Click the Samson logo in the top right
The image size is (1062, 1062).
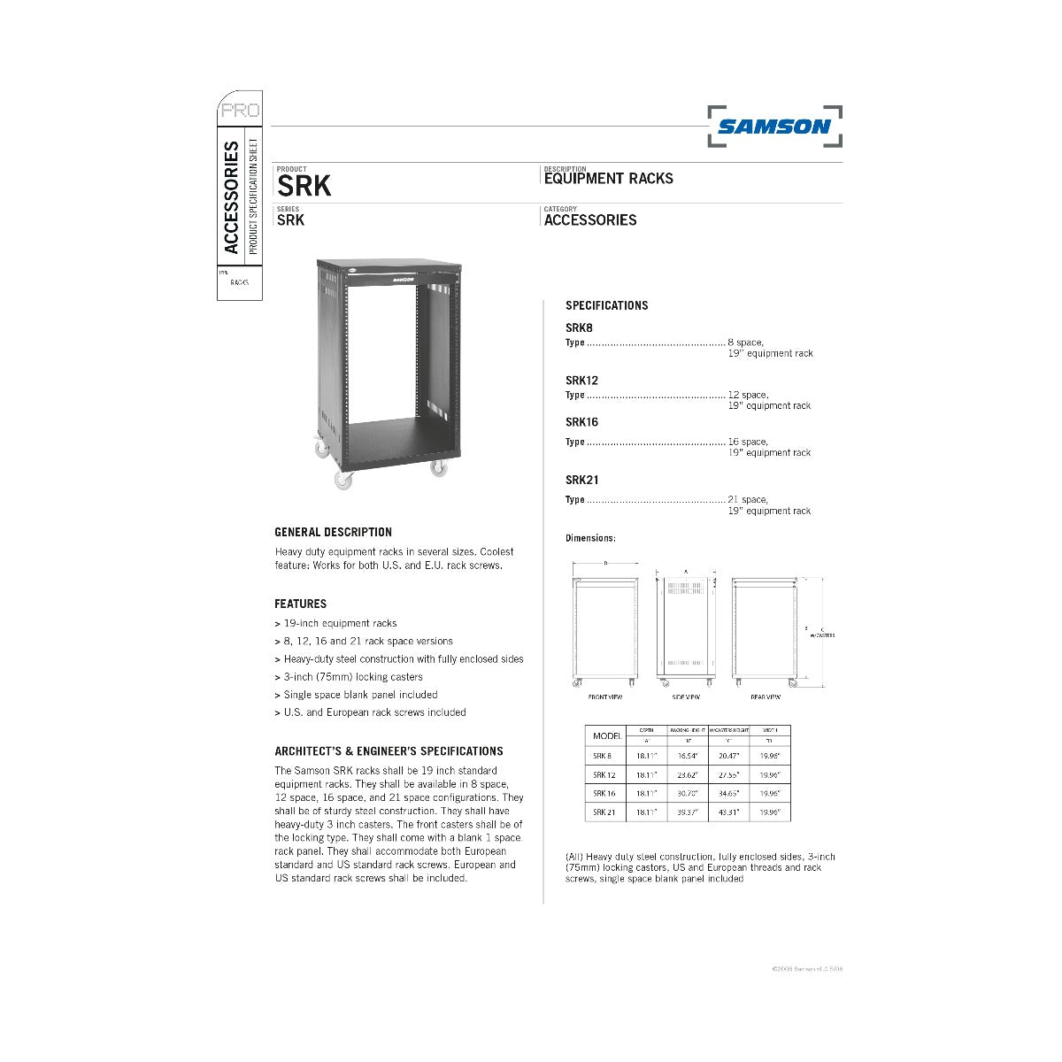(x=774, y=127)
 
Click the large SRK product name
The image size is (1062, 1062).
(x=304, y=186)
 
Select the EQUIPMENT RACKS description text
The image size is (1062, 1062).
(x=608, y=179)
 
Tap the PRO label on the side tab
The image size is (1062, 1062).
(x=240, y=111)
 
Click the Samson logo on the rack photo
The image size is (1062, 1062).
(x=396, y=278)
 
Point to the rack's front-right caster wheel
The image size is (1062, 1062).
(x=438, y=468)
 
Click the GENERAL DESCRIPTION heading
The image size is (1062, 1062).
(x=333, y=532)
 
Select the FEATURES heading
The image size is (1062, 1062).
(x=300, y=604)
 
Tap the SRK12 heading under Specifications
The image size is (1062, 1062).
(x=581, y=381)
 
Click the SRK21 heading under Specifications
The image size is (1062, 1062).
(x=581, y=481)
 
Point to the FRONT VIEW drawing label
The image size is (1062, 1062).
(x=605, y=697)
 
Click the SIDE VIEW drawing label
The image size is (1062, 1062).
(x=686, y=697)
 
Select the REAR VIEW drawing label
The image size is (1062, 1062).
(x=766, y=697)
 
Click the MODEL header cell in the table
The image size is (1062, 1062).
(x=607, y=735)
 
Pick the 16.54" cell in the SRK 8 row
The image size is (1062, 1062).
(x=688, y=756)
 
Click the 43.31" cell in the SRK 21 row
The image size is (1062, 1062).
(x=728, y=812)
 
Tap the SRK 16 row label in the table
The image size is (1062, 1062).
(x=604, y=793)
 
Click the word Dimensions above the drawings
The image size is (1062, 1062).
(x=589, y=538)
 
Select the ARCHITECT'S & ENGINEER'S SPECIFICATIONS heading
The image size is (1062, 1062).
(x=389, y=750)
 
